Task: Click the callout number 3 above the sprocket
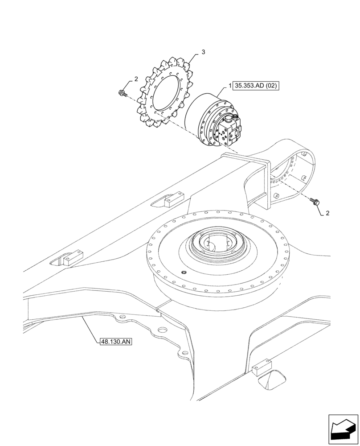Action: point(203,53)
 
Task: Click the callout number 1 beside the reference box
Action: point(230,85)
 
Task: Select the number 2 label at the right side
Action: point(327,213)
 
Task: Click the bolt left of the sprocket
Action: point(121,93)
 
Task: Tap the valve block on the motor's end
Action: point(229,132)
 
